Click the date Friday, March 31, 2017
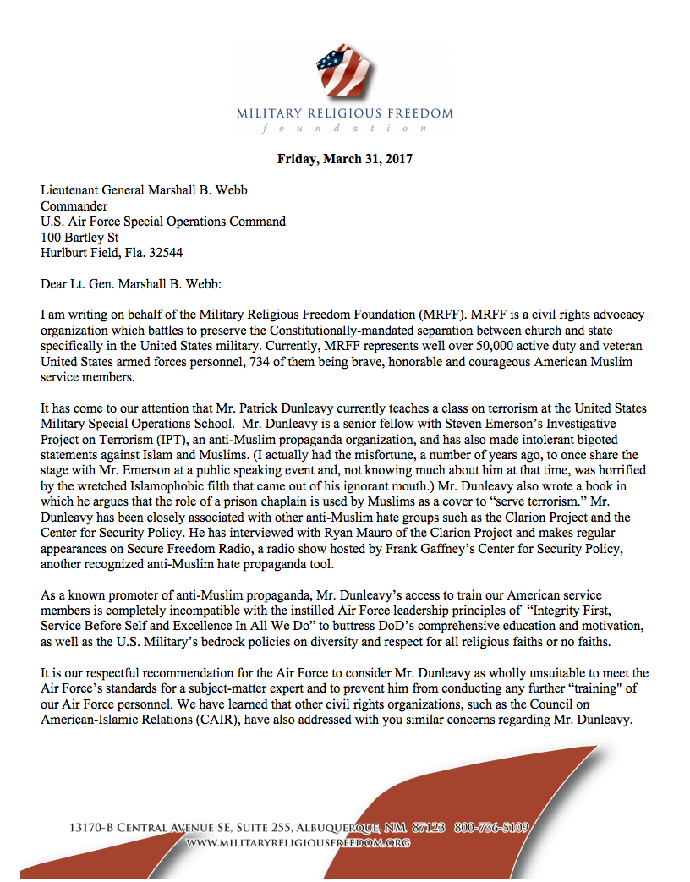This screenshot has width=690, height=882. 345,159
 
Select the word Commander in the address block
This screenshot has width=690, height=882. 74,206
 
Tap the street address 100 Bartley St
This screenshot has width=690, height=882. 80,237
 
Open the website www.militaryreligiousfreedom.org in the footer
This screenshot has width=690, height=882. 298,843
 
